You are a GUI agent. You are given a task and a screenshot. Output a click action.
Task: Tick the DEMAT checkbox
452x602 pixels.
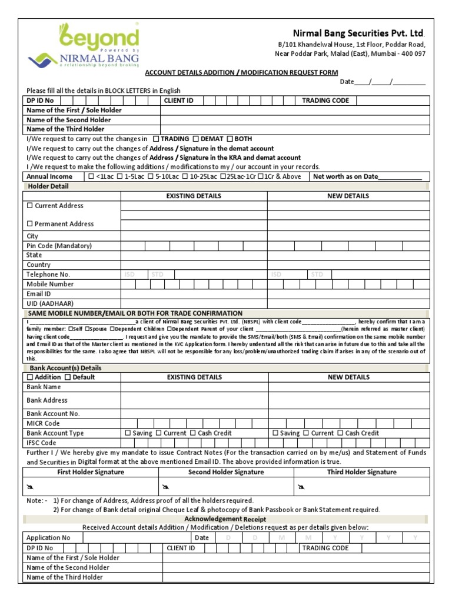(x=197, y=139)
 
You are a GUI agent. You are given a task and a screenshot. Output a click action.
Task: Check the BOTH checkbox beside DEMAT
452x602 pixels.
(x=230, y=139)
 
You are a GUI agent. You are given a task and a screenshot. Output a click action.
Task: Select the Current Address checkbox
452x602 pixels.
(x=30, y=206)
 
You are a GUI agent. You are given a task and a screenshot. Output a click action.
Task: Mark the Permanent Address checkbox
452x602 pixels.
(x=30, y=224)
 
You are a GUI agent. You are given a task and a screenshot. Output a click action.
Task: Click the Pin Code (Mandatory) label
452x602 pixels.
(x=59, y=246)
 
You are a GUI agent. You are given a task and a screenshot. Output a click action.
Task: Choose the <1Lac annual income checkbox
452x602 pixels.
(x=91, y=176)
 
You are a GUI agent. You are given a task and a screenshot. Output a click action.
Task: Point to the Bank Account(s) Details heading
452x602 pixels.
(x=62, y=367)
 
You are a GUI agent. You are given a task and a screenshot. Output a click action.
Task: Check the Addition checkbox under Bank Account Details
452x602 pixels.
(x=30, y=377)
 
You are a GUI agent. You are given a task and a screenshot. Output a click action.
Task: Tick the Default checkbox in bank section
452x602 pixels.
(x=68, y=377)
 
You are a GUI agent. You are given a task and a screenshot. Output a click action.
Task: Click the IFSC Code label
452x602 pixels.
(x=41, y=443)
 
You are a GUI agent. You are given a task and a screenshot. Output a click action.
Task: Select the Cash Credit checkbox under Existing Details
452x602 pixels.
(x=192, y=433)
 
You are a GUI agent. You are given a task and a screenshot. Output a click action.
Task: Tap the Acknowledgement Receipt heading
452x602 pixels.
(x=225, y=519)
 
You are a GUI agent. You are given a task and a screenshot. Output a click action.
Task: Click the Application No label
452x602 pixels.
(x=48, y=537)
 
